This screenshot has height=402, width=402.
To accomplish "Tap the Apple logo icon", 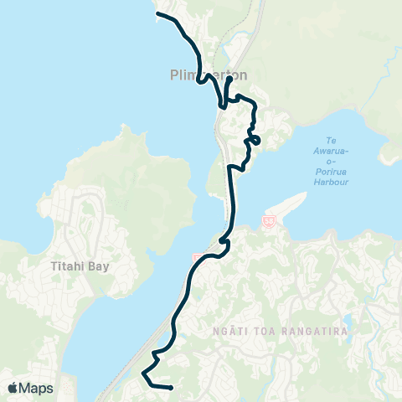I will pos(13,388).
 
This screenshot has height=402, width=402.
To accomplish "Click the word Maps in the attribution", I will pos(37,388).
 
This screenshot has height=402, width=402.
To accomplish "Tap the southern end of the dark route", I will pos(170,388).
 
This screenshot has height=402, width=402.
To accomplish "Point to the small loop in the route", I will pos(255,139).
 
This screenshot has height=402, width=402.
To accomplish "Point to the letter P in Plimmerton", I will pos(162,74).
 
